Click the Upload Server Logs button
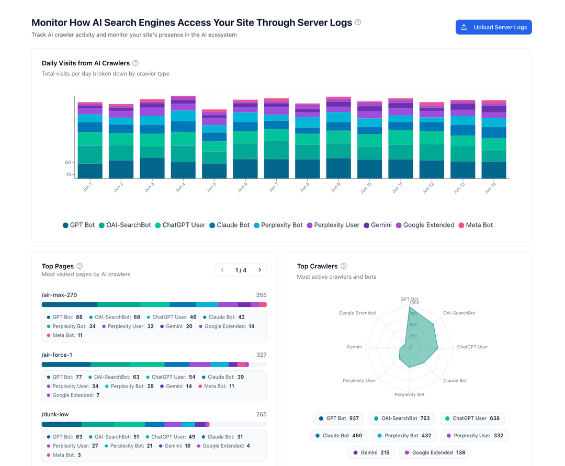493,27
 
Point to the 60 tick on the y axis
68,163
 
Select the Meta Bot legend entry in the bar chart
476,225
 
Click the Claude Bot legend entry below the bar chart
229,225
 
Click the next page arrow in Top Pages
259,270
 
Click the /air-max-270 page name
59,295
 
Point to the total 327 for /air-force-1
261,355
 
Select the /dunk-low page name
55,415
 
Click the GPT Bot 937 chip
339,418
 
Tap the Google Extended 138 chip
434,452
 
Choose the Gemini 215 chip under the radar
371,452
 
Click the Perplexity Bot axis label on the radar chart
409,394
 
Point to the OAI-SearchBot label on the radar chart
459,313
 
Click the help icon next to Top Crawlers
344,266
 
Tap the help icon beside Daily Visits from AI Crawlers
135,63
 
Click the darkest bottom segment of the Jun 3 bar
152,168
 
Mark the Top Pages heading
58,266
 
